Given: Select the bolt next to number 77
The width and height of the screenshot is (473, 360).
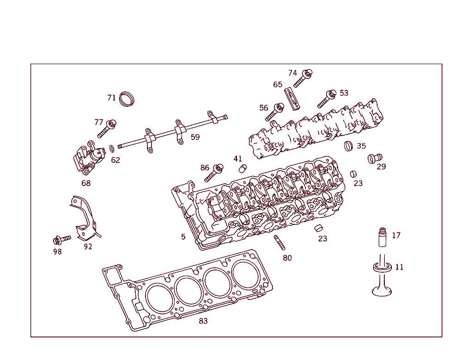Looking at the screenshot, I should pos(106,129).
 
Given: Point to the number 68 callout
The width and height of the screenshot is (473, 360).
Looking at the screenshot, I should pos(86,183).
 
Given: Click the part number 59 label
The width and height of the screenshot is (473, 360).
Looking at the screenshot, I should pos(195,137).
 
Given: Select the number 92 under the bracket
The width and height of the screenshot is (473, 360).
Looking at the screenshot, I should pos(88,246).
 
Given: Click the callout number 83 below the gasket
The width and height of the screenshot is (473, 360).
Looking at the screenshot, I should pos(203,321).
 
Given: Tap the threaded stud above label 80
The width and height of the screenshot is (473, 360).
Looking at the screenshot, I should pos(279,242).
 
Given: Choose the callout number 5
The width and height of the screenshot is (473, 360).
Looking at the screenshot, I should pos(183,237).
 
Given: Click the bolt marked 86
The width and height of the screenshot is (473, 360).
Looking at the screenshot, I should pos(213,173).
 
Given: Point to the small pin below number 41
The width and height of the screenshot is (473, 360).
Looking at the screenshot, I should pos(242,168).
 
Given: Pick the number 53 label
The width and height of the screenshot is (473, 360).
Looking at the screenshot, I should pos(344,93).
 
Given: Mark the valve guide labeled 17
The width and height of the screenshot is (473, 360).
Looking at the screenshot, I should pos(382,238).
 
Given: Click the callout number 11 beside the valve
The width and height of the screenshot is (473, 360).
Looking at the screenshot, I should pos(399,267).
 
